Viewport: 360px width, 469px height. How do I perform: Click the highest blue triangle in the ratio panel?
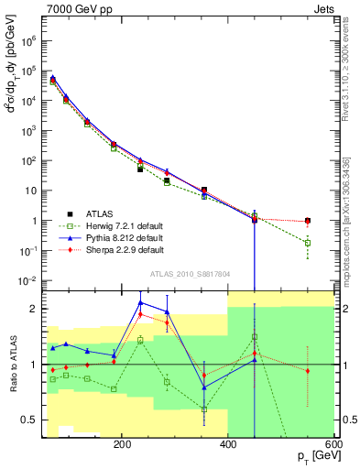click(x=140, y=302)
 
